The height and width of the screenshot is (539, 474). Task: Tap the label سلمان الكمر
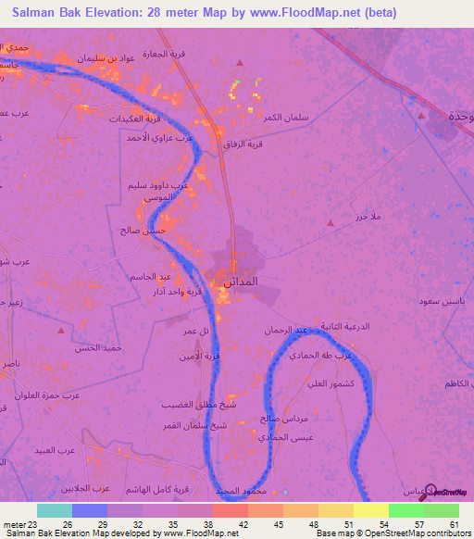[284, 118]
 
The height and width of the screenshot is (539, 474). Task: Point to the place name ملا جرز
[368, 217]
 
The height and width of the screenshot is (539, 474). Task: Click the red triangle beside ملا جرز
[331, 222]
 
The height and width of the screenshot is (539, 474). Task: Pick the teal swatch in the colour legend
[55, 510]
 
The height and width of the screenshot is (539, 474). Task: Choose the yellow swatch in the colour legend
[370, 510]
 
